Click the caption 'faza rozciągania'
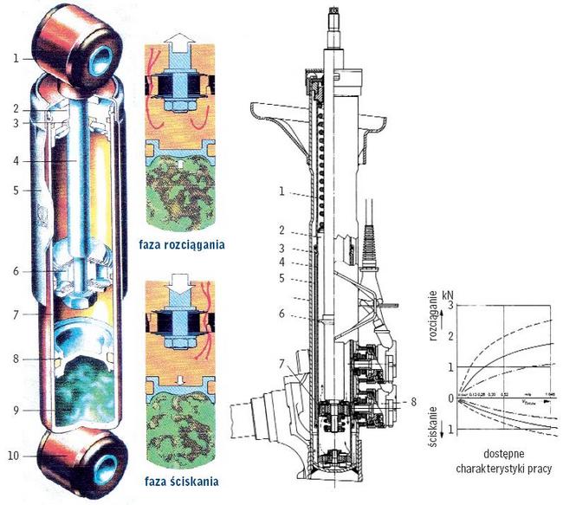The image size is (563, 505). pos(182,244)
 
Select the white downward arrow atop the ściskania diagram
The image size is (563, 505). pos(180,285)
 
